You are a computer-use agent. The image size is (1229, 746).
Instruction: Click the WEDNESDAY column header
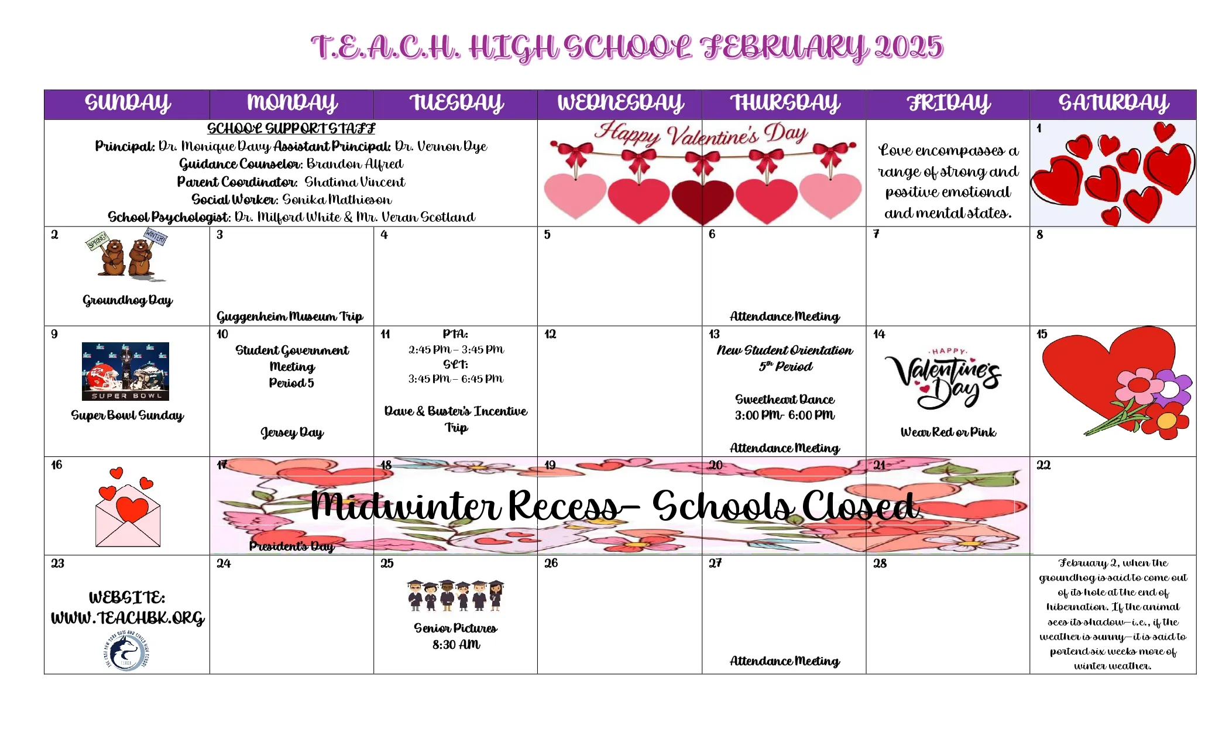click(620, 104)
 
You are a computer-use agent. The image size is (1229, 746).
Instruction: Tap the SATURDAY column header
click(1113, 104)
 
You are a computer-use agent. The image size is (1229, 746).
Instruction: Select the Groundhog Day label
click(128, 301)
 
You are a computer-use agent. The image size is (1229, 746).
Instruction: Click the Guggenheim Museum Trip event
click(290, 317)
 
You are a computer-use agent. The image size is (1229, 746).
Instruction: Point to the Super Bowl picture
click(125, 372)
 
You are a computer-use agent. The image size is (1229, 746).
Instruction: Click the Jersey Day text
click(292, 432)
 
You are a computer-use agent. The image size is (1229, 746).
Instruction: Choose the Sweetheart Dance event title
click(785, 400)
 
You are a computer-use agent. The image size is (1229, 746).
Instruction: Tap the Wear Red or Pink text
click(948, 432)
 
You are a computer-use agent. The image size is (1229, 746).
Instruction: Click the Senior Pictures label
click(455, 628)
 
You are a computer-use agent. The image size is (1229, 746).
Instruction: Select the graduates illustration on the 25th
click(455, 596)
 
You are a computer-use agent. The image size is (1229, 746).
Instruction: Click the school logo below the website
click(126, 651)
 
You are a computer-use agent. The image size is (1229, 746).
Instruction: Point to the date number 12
click(550, 334)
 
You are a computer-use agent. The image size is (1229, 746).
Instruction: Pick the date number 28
click(880, 563)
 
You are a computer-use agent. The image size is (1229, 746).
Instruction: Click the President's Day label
click(291, 546)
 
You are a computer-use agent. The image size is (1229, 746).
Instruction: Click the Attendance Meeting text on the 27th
click(785, 661)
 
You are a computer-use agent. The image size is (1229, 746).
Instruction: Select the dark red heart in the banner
click(702, 201)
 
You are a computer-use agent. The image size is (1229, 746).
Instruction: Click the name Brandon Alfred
click(355, 164)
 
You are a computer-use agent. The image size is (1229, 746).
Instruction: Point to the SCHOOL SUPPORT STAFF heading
click(291, 129)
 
